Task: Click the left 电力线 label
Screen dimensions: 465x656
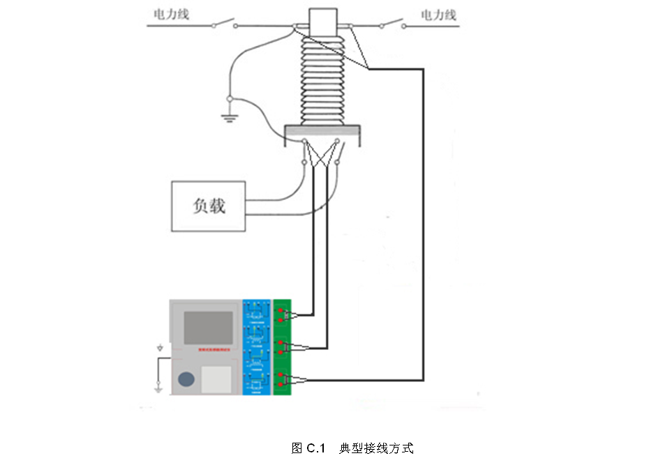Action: (x=171, y=14)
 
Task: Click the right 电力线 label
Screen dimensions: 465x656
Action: (x=438, y=14)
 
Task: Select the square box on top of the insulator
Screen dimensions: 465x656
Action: (x=322, y=20)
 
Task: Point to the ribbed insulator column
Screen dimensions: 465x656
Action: (x=322, y=77)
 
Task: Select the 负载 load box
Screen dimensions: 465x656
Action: (x=209, y=206)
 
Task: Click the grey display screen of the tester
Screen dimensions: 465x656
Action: (x=207, y=327)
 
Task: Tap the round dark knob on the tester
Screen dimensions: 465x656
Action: (x=186, y=379)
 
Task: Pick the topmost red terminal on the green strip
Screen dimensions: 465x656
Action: (x=281, y=310)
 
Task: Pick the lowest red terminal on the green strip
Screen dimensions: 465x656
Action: (x=281, y=384)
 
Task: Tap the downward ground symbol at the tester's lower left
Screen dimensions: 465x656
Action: (x=159, y=386)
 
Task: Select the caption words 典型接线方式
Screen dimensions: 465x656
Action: (x=376, y=448)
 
